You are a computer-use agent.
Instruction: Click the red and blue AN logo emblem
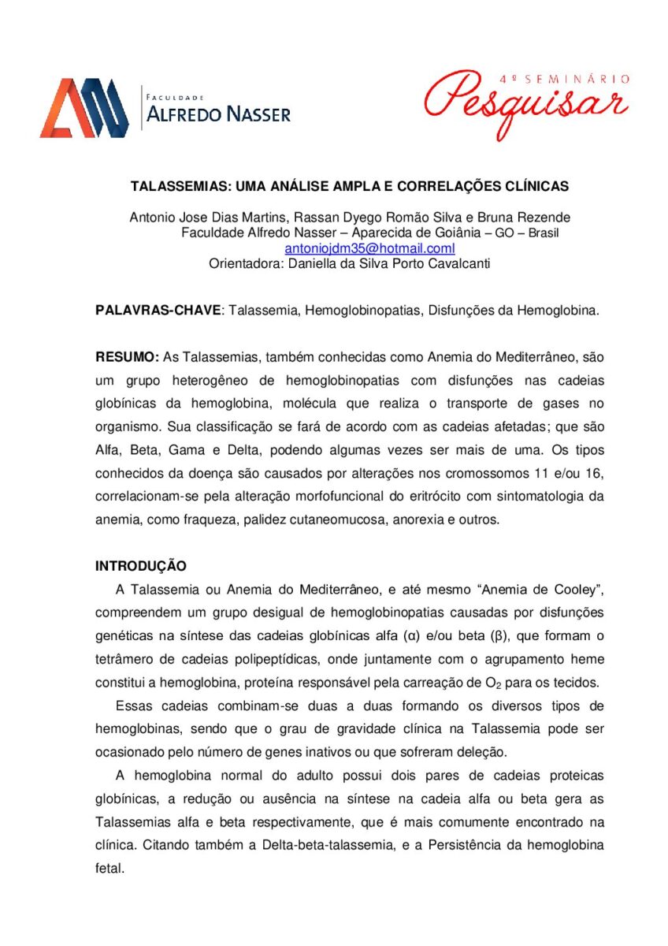pos(84,108)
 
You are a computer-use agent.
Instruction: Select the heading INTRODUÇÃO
pos(141,566)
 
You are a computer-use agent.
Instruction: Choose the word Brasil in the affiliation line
pos(543,233)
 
